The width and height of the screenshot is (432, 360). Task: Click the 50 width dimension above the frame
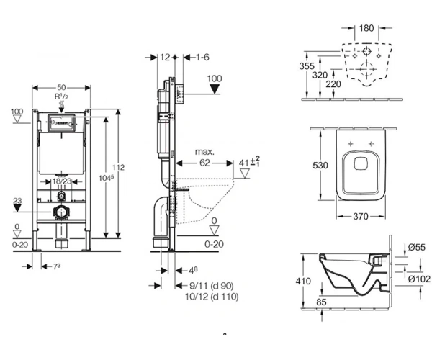(x=61, y=88)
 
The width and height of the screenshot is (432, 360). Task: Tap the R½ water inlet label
(x=61, y=96)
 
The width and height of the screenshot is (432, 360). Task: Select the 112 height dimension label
(x=119, y=167)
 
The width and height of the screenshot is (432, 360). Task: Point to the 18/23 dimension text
(x=62, y=181)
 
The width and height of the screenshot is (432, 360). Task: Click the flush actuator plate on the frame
(x=61, y=123)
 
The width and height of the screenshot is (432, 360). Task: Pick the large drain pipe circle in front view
(x=61, y=212)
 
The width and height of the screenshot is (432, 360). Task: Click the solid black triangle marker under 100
(x=215, y=89)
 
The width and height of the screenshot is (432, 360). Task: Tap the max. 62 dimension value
(x=204, y=163)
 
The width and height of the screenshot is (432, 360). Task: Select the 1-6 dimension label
(x=202, y=58)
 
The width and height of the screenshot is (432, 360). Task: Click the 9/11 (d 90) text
(x=212, y=286)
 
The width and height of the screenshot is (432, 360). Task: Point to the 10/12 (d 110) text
(x=212, y=297)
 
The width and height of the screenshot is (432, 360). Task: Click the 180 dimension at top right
(x=366, y=28)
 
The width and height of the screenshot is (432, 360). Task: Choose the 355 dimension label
(x=307, y=66)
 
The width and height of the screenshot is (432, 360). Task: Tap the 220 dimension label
(x=333, y=84)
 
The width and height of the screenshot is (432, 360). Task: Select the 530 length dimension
(x=320, y=166)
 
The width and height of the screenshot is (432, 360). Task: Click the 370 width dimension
(x=361, y=217)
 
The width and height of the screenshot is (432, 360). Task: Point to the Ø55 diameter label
(x=417, y=247)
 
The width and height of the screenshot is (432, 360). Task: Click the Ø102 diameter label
(x=419, y=279)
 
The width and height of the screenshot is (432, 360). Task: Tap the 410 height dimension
(x=303, y=281)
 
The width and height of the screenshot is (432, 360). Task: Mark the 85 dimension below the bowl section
(x=321, y=302)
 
